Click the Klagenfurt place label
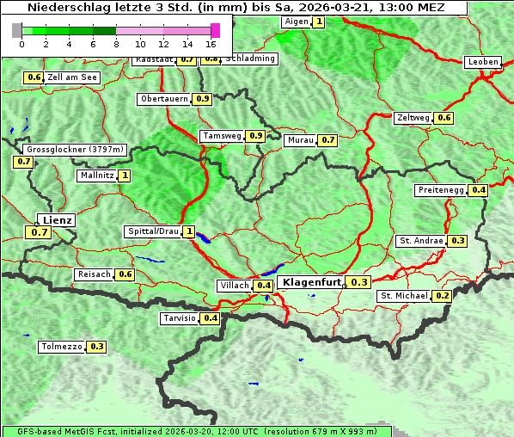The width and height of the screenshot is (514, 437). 310,282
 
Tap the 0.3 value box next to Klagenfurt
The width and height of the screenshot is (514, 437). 359,282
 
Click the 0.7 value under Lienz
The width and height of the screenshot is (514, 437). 40,232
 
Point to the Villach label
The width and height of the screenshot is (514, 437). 234,285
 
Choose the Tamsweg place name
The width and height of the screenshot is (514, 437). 222,136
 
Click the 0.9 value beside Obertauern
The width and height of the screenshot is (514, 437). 202,99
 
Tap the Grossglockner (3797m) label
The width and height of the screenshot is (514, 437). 76,150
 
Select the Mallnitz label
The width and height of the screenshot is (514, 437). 95,175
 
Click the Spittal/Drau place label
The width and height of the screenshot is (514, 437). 153,231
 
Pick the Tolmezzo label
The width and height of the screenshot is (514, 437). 61,347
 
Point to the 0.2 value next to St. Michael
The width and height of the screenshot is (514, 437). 443,296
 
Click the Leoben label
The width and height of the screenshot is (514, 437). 482,62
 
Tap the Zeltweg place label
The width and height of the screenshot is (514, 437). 413,118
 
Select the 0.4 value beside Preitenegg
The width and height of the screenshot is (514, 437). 479,190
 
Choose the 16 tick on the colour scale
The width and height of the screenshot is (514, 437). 211,43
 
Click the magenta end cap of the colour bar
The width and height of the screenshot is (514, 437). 215,30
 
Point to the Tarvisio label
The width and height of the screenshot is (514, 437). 180,318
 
